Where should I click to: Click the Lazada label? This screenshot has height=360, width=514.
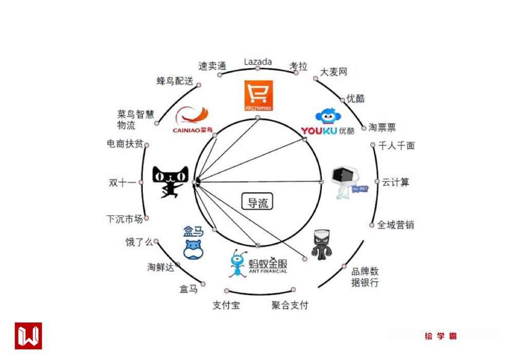click(x=258, y=62)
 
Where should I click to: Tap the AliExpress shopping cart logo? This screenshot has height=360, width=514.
click(x=258, y=96)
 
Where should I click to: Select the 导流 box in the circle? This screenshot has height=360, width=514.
click(x=258, y=202)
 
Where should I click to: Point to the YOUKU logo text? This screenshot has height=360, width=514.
click(x=319, y=131)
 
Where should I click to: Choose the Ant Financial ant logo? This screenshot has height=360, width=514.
click(x=237, y=264)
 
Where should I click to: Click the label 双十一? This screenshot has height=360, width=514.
click(x=122, y=183)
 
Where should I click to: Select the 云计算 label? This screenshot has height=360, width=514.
click(x=395, y=183)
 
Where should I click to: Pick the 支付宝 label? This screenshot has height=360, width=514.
click(x=226, y=305)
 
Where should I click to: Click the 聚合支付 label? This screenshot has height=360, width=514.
click(x=290, y=305)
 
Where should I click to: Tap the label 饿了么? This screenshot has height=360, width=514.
click(x=139, y=242)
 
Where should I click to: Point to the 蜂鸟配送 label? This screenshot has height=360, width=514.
click(x=175, y=81)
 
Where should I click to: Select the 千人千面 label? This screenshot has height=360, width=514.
click(x=396, y=146)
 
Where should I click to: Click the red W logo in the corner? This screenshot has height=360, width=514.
click(x=28, y=336)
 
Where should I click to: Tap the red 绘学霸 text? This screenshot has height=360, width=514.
click(x=441, y=336)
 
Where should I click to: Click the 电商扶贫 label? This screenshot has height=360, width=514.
click(x=125, y=144)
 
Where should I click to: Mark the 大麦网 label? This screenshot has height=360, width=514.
click(x=334, y=72)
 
